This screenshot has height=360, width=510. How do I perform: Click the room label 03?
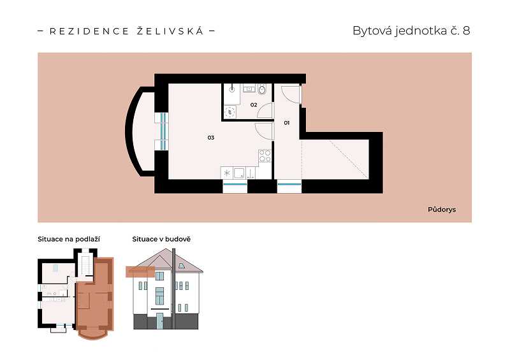coord(211,138)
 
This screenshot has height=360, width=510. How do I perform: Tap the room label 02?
coord(254,104)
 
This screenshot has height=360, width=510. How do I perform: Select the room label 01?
coord(286,122)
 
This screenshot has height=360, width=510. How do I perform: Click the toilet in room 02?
coord(262,89)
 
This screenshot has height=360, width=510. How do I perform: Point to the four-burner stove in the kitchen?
coord(265,155)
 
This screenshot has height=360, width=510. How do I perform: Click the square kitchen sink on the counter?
coord(240,173)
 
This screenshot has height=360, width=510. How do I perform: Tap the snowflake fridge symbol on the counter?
coord(227,173)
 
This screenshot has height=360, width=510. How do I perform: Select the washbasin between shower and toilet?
coord(249,88)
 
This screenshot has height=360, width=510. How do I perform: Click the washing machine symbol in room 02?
coord(230,112)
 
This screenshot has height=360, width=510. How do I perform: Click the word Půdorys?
coord(442,210)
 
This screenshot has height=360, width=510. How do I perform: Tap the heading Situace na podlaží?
coord(69,240)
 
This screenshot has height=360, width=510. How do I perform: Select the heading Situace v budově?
coord(161,240)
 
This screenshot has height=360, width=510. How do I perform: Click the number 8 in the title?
coord(466,31)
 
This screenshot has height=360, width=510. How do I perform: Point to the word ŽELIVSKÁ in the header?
coord(170,31)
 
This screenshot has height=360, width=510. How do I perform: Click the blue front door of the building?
coord(160,321)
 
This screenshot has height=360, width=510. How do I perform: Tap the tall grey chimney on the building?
coord(173,289)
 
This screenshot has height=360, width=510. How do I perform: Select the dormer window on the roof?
coord(182,266)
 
